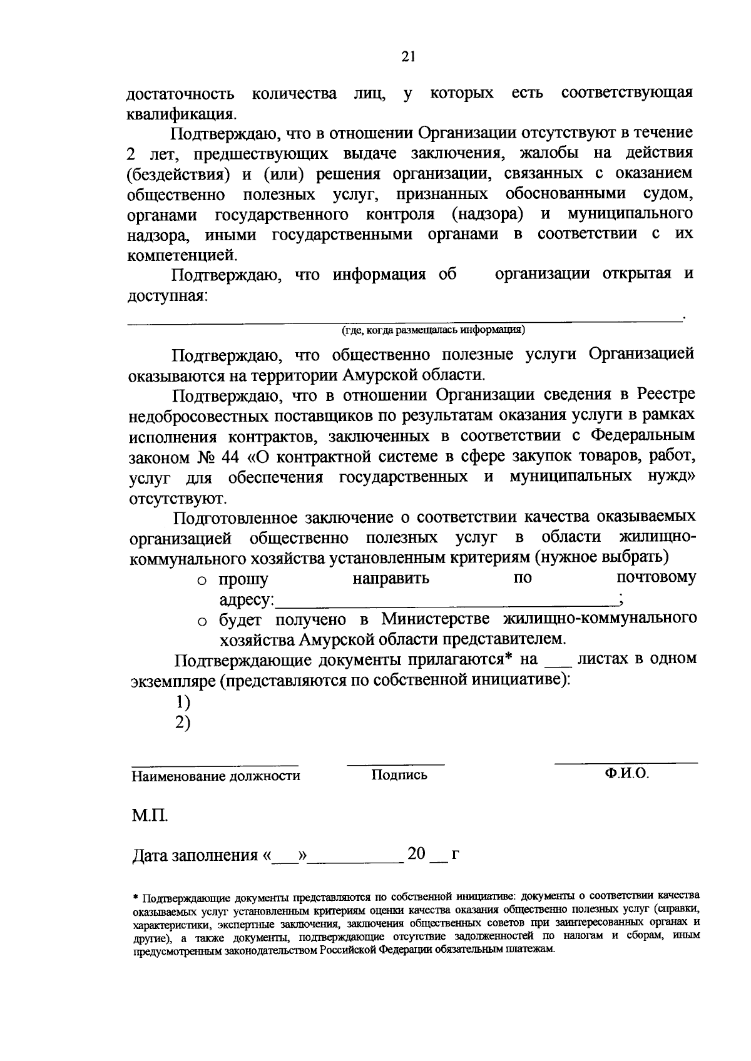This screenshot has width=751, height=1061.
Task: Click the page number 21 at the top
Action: [x=408, y=57]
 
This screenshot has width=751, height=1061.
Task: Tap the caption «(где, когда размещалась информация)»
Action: [x=433, y=329]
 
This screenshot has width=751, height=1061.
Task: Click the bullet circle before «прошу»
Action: [x=202, y=581]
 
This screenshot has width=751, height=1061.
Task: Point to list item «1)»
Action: [x=183, y=702]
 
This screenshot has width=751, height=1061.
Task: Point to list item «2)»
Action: [x=183, y=723]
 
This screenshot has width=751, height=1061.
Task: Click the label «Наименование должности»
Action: [x=215, y=776]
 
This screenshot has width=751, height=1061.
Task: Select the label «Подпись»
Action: [x=399, y=775]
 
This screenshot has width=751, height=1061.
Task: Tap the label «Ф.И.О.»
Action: [x=626, y=773]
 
